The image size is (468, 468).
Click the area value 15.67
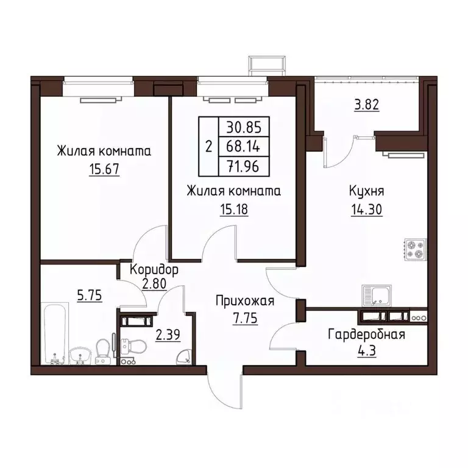click(x=104, y=169)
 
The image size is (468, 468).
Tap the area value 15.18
click(x=234, y=209)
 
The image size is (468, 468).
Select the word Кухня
click(x=366, y=191)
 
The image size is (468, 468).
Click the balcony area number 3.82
click(x=366, y=105)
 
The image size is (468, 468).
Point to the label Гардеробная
click(x=366, y=335)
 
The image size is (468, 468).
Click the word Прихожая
click(x=245, y=301)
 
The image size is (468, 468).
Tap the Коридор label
click(x=154, y=269)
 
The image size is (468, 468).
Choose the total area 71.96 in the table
click(x=243, y=166)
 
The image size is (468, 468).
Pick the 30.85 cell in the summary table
click(x=244, y=127)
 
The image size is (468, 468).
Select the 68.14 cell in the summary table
click(x=243, y=146)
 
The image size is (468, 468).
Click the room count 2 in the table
click(x=208, y=146)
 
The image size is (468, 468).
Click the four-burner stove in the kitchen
click(x=416, y=249)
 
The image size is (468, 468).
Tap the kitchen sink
click(x=377, y=296)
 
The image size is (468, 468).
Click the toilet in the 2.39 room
click(x=133, y=346)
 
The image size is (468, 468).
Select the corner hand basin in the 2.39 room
click(x=183, y=358)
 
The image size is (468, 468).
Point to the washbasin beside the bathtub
click(x=80, y=355)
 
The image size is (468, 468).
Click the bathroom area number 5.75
click(x=89, y=296)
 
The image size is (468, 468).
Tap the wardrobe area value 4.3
click(x=367, y=351)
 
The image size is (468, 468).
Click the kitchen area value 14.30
click(x=366, y=210)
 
